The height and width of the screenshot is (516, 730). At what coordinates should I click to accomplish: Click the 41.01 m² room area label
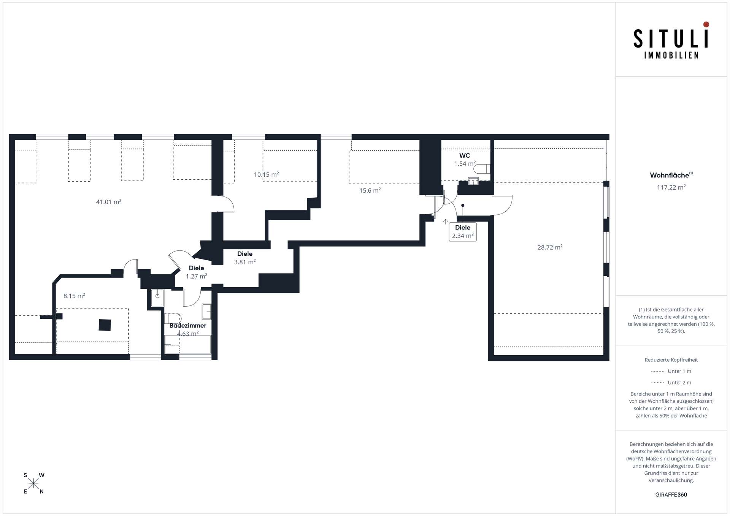point(108,202)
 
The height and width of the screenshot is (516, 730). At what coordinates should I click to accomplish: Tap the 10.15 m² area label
point(267,174)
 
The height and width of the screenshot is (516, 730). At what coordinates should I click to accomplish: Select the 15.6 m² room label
point(370,190)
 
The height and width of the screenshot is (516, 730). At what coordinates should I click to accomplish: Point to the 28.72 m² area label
point(550,247)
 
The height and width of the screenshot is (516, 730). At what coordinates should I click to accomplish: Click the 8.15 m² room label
point(74,296)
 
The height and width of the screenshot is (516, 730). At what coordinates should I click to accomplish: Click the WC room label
point(465,155)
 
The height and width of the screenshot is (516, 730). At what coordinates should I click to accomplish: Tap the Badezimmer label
point(188,326)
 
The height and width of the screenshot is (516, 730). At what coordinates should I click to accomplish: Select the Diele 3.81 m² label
point(245,258)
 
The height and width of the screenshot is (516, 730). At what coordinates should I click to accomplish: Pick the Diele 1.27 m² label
point(197,272)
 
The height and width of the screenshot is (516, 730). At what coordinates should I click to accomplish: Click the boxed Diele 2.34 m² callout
point(463,232)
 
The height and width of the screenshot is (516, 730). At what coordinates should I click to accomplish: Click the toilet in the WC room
point(482,169)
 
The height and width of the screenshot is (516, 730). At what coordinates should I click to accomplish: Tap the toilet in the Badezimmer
point(173,318)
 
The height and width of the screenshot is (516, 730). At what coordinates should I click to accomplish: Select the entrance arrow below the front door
point(446,222)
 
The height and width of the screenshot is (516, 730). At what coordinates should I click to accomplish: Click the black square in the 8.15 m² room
point(105,325)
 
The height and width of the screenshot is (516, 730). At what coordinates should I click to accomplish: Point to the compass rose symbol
point(33,483)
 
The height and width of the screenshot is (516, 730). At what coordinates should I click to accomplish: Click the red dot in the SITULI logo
point(706,24)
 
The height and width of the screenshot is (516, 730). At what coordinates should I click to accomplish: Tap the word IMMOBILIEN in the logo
point(671,55)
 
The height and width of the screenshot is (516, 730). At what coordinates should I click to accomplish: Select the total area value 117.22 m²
point(671,187)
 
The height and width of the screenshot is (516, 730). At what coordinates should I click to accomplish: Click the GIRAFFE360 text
point(671,495)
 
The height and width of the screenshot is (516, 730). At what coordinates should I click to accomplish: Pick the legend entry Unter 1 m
point(671,371)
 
